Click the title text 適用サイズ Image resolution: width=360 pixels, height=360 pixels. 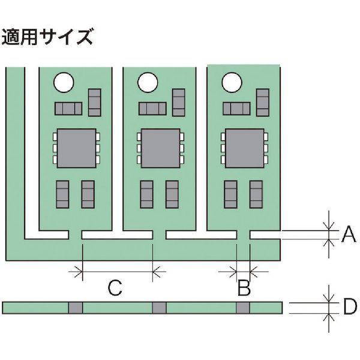(48, 37)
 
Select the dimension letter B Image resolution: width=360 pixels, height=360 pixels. (243, 289)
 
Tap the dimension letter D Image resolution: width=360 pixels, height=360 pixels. (350, 307)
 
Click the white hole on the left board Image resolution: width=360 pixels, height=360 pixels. (64, 82)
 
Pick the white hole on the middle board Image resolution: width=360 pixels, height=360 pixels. (148, 82)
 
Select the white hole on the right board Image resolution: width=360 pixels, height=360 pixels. (231, 82)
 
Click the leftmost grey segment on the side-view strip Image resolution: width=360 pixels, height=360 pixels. (75, 308)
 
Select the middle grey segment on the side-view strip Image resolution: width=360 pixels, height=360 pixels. (159, 308)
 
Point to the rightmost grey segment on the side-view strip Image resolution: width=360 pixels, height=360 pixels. (242, 308)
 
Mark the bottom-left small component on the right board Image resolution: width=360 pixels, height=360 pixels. (230, 194)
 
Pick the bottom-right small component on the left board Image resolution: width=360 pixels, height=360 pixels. (89, 194)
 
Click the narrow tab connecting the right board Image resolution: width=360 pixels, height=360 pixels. (244, 235)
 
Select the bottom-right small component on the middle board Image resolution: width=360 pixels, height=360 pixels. (173, 194)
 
